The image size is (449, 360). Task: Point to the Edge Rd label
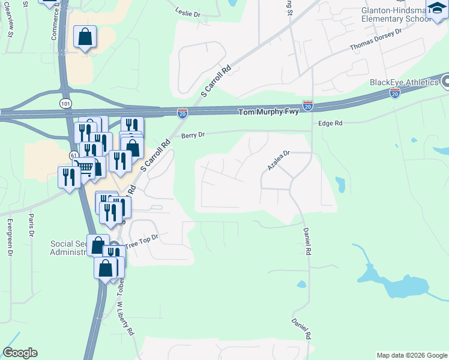click(x=330, y=123)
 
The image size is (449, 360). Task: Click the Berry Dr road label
click(x=193, y=135)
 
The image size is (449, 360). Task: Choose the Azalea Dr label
click(x=279, y=161)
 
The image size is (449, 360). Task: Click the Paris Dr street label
click(x=31, y=227)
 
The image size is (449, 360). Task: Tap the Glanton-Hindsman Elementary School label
click(x=396, y=14)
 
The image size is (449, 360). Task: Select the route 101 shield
click(x=64, y=103)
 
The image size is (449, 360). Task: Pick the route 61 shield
click(x=73, y=155)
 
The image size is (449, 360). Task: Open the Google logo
click(x=20, y=353)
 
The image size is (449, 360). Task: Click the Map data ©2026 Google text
click(x=411, y=355)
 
